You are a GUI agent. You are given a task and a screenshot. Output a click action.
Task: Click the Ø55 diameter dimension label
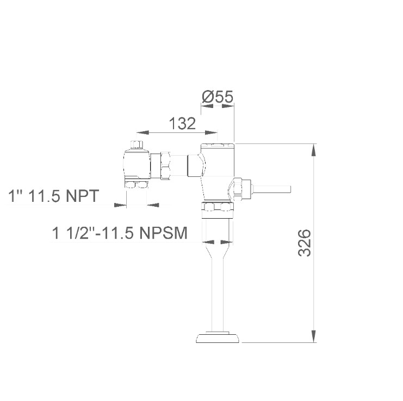click(218, 97)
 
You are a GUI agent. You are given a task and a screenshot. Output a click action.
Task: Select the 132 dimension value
click(182, 123)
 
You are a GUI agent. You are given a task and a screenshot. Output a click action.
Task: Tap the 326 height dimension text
click(305, 243)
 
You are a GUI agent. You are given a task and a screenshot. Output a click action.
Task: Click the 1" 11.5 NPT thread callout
click(54, 196)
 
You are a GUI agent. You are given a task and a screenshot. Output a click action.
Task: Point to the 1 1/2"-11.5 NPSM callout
click(120, 233)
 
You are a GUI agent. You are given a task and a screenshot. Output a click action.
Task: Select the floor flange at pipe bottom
click(218, 338)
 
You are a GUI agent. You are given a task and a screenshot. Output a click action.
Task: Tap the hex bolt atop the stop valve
click(137, 144)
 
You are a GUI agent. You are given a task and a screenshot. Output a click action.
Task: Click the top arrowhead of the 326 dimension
click(314, 150)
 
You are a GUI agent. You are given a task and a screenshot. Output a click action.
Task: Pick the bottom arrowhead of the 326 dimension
click(314, 336)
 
